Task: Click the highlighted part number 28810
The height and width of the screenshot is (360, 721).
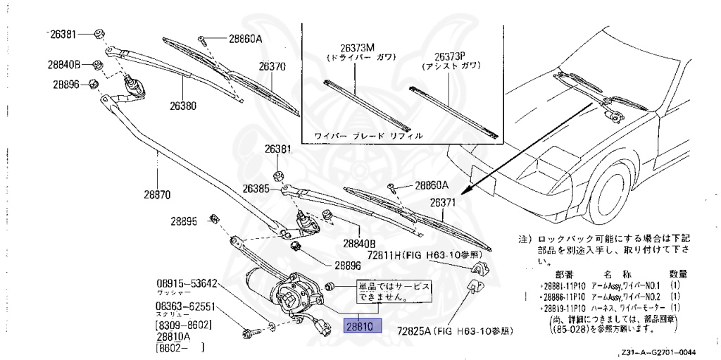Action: click(x=361, y=326)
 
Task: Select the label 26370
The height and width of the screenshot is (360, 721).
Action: click(x=272, y=68)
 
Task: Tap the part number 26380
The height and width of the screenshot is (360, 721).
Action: click(x=182, y=106)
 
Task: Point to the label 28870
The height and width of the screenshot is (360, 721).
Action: click(x=158, y=194)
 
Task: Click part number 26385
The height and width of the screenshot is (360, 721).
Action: click(x=256, y=189)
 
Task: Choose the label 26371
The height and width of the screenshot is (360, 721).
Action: click(x=445, y=203)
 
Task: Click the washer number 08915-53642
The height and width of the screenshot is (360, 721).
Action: click(x=185, y=284)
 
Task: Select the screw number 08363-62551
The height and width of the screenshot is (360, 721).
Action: click(x=185, y=307)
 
